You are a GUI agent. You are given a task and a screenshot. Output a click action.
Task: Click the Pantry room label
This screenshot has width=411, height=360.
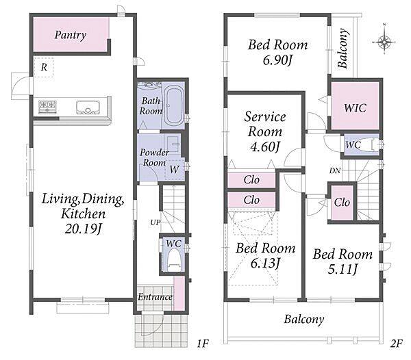[71, 35]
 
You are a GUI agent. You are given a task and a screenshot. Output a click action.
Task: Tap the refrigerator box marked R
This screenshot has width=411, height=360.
[44, 67]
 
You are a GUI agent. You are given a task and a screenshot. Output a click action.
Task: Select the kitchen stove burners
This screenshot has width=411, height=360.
[47, 107]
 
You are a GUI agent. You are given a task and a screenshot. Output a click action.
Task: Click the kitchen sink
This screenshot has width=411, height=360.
[88, 107]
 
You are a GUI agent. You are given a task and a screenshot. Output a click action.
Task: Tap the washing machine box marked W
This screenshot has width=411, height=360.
[174, 169]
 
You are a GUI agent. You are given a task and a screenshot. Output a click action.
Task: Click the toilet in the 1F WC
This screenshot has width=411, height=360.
[174, 260]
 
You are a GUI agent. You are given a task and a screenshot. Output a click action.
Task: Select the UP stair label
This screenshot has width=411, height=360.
[155, 222]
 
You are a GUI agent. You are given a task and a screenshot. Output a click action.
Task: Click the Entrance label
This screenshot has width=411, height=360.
[155, 297]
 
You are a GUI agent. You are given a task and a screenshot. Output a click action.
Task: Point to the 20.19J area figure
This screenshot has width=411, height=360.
[84, 229]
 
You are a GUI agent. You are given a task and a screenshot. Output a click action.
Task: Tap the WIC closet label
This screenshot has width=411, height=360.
[355, 107]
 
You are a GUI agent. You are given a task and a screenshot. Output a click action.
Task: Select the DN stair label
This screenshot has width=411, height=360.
[335, 170]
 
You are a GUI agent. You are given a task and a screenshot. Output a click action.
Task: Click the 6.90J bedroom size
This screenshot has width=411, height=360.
[277, 60]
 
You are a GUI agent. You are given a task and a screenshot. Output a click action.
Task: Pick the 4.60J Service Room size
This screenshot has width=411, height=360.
[265, 147]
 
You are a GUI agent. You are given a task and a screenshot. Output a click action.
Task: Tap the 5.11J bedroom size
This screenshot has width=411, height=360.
[342, 269]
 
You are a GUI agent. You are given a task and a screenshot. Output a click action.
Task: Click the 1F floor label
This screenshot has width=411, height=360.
[202, 344]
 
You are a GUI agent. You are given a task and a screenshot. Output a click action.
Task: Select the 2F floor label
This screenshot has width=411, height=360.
[395, 344]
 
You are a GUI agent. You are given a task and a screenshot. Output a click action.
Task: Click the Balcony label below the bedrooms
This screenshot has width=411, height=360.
[304, 320]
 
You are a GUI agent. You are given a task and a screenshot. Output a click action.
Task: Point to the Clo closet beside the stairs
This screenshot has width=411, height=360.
[342, 203]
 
